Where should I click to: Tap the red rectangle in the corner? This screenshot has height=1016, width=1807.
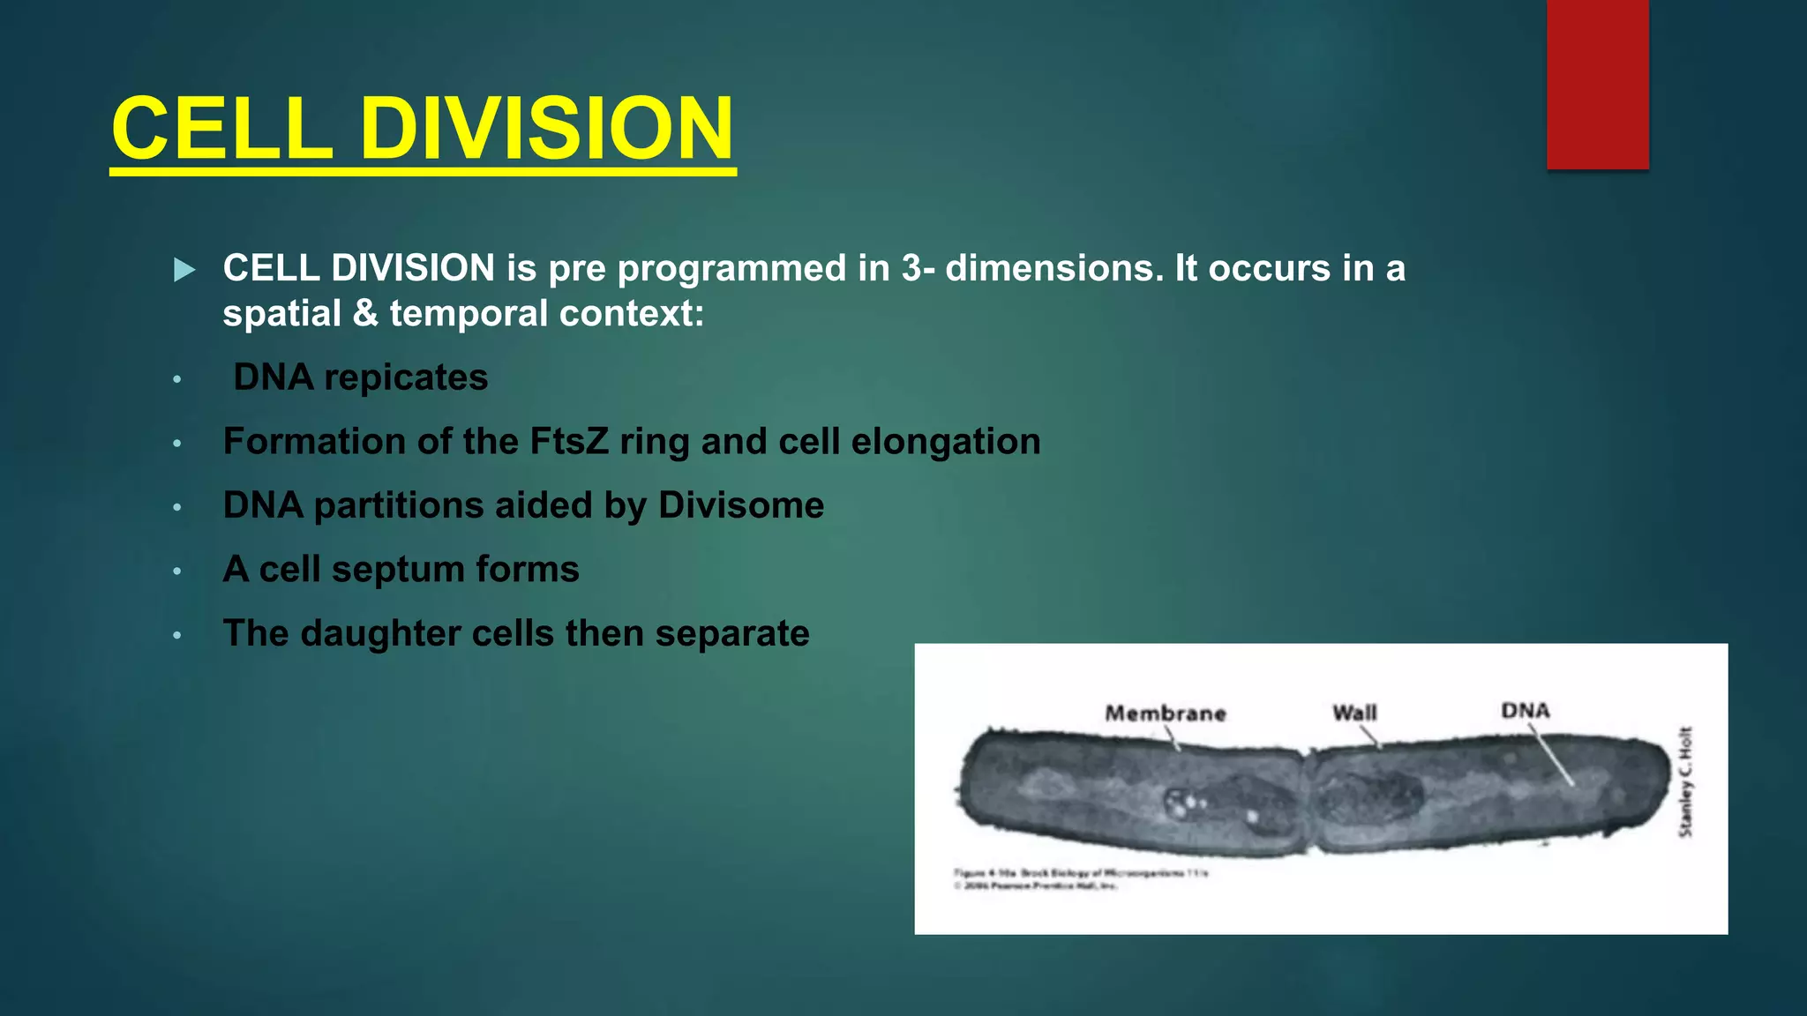tap(1597, 84)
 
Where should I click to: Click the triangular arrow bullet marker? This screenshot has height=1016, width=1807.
tap(184, 270)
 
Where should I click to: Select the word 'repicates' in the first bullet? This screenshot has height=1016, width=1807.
tap(406, 377)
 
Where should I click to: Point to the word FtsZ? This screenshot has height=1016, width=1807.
tap(569, 441)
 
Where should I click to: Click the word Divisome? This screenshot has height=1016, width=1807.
tap(741, 505)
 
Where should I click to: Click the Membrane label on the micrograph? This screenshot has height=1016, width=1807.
tap(1166, 713)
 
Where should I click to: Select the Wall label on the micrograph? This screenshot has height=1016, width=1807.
tap(1354, 712)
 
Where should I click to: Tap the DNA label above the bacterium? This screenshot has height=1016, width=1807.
tap(1525, 710)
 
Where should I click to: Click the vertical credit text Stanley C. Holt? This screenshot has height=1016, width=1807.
tap(1685, 781)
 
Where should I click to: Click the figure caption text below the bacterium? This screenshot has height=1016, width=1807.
tap(1080, 878)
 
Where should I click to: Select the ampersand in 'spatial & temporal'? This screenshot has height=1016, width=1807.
tap(365, 314)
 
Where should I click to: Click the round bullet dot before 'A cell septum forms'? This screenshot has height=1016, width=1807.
tap(176, 571)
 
